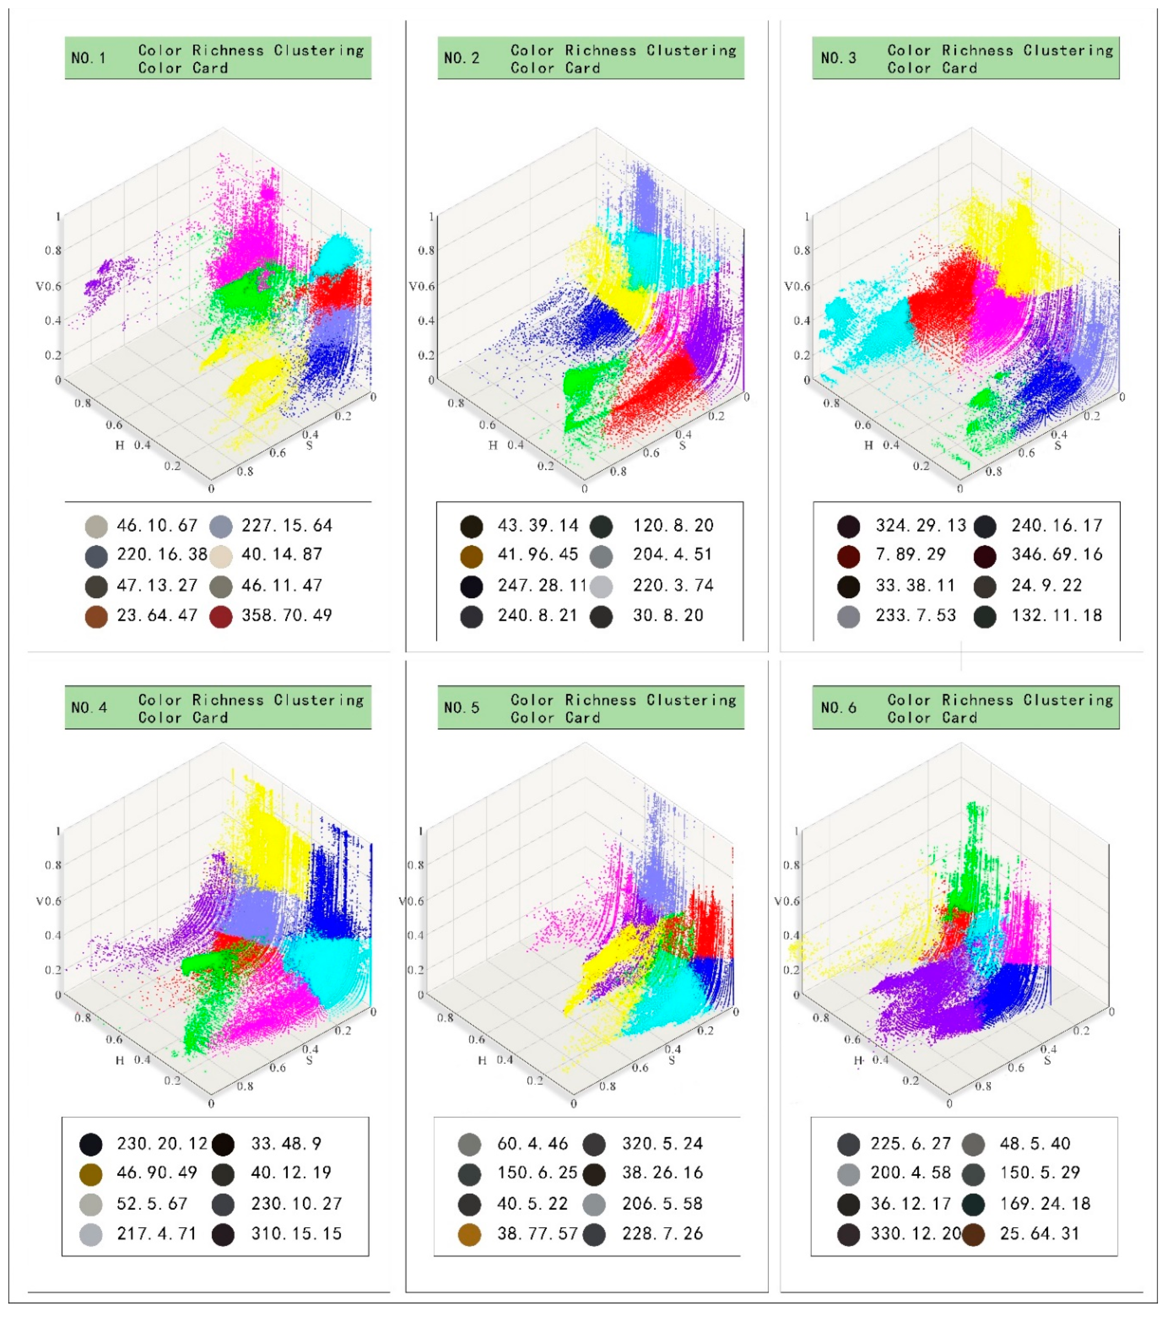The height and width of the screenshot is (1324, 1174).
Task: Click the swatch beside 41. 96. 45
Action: tap(471, 556)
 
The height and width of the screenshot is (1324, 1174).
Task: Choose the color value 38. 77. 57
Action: tap(537, 1234)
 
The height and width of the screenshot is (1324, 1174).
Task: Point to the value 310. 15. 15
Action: tap(296, 1234)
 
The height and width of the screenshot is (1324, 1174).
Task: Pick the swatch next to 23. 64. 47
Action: tap(96, 616)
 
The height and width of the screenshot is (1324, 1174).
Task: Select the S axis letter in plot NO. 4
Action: tap(309, 1061)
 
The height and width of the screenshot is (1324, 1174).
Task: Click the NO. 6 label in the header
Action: tap(838, 708)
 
